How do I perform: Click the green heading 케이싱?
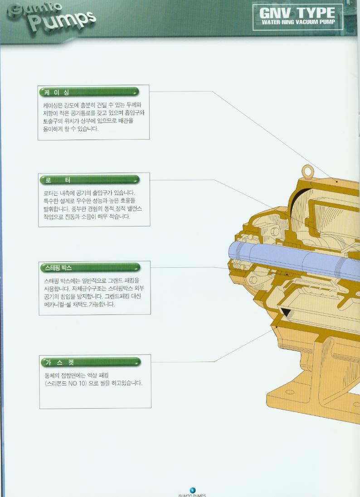pos(57,92)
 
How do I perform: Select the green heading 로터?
pos(58,180)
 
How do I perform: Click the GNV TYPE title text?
pos(297,13)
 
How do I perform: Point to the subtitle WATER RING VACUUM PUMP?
pos(298,22)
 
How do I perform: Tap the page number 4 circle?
pos(192,490)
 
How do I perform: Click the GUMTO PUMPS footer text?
pos(192,496)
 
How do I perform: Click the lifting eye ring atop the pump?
pos(307,171)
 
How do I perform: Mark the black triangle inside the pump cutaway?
pos(286,312)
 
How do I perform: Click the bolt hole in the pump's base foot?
pos(290,392)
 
